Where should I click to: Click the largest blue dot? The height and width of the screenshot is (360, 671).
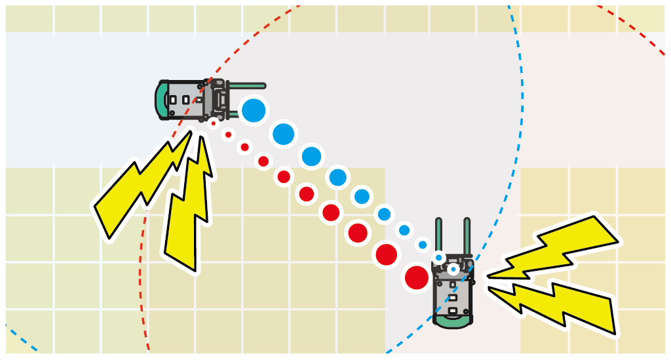(x=253, y=110)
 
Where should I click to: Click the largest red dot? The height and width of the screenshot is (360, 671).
(x=417, y=277)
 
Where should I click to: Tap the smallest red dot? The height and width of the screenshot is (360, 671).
(x=213, y=123)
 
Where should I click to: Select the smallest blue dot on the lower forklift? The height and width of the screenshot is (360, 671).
(x=453, y=269)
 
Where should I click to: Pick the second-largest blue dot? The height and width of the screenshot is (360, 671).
(x=283, y=134)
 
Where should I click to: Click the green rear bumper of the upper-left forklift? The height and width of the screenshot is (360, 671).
(x=161, y=100)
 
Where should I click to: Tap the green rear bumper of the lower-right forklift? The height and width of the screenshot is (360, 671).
(x=452, y=321)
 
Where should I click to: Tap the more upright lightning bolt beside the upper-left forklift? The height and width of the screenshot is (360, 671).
(x=190, y=210)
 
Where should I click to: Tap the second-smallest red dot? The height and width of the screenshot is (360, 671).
(x=228, y=135)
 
